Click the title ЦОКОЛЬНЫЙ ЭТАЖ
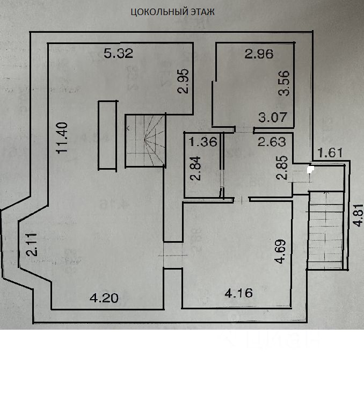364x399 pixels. (x=173, y=12)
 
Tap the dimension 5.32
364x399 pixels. (x=118, y=53)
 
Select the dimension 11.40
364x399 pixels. (x=63, y=138)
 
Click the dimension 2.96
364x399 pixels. (x=259, y=54)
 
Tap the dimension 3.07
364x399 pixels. (x=273, y=117)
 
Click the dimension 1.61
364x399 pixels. (x=331, y=153)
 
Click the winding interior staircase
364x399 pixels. (x=145, y=141)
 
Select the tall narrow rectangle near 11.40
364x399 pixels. (x=107, y=135)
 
